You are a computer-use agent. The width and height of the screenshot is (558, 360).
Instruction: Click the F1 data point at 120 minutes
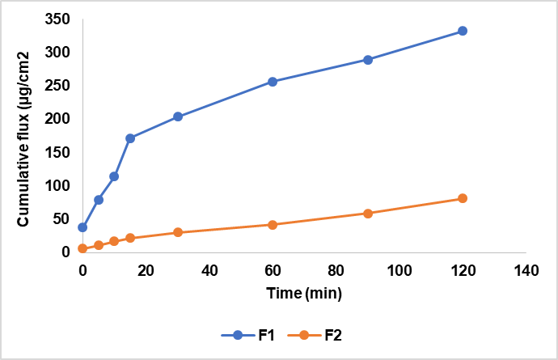[463, 31]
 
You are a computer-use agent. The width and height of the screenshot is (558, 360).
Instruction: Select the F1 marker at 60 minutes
[273, 82]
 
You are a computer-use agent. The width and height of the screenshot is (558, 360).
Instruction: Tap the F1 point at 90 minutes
[368, 60]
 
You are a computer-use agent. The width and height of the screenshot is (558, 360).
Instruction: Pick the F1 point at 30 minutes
[178, 116]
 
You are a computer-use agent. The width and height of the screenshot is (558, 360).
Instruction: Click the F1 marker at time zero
[82, 227]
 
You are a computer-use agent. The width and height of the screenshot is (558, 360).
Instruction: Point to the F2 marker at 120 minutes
[463, 198]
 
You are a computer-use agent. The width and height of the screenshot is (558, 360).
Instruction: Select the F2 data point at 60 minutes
[273, 224]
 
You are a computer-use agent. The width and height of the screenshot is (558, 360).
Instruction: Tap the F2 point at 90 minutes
[368, 214]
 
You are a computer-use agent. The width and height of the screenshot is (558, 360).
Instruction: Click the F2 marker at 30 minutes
[178, 232]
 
